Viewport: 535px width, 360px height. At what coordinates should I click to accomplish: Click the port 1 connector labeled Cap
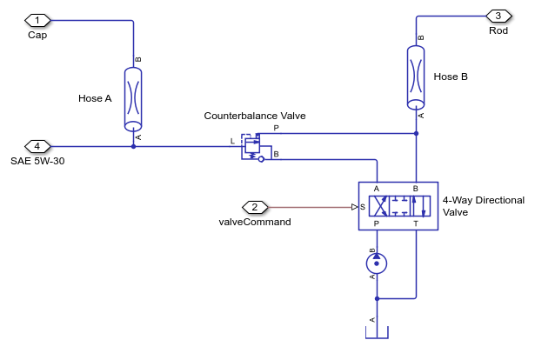click(x=37, y=20)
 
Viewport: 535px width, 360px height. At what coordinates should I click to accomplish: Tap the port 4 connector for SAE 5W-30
click(x=37, y=146)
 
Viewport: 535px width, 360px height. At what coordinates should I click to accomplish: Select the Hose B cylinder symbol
click(x=417, y=77)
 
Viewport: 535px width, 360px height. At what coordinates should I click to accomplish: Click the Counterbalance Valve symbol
click(x=251, y=147)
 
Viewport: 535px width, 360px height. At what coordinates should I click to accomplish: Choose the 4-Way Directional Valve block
click(x=398, y=205)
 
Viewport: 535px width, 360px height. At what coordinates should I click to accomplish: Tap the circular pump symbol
click(x=377, y=263)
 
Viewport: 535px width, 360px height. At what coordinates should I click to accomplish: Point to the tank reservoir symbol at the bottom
click(x=377, y=334)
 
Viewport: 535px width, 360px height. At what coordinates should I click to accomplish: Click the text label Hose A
click(x=95, y=98)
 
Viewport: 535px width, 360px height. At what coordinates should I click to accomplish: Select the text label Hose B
click(x=451, y=77)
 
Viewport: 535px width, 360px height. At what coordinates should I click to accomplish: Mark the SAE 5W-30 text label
click(x=38, y=161)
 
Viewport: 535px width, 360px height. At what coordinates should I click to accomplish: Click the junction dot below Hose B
click(x=417, y=133)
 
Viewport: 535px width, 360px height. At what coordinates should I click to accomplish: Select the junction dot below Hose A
click(x=133, y=146)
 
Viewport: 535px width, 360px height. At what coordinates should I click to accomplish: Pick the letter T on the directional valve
click(x=415, y=223)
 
